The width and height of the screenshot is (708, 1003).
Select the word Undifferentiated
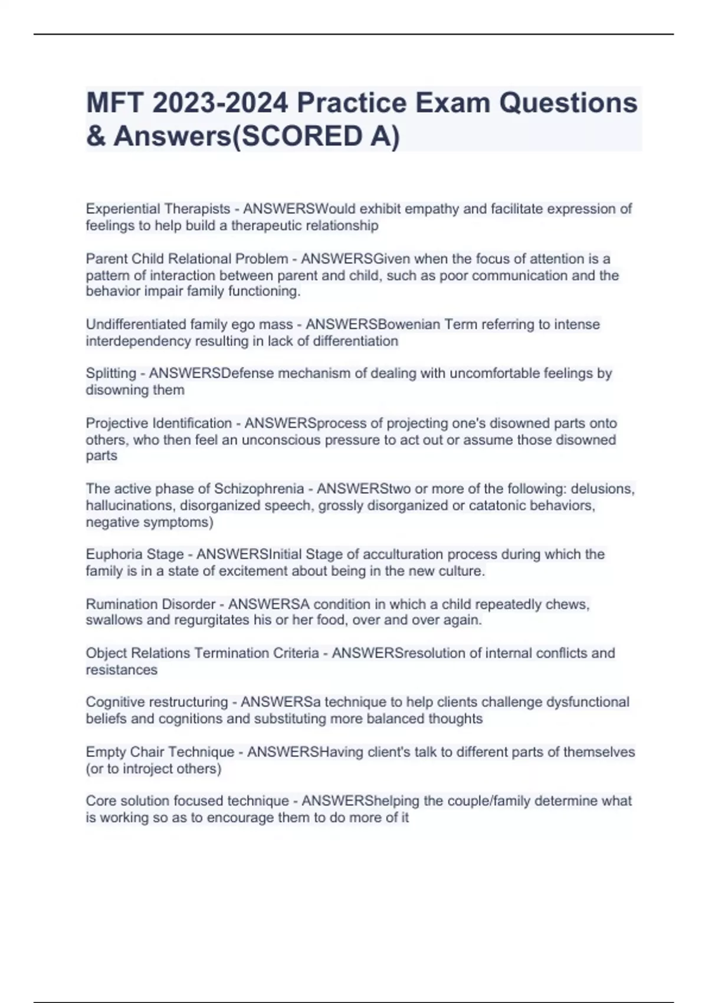pos(130,324)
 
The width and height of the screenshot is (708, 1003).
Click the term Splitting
pos(111,373)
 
